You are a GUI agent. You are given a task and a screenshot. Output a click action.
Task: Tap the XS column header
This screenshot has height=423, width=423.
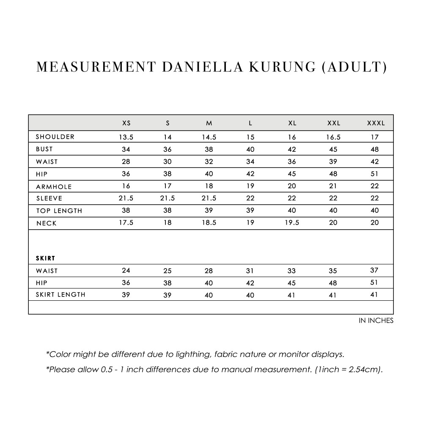[x=126, y=123]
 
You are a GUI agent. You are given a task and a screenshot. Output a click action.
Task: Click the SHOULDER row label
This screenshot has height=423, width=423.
[x=55, y=137]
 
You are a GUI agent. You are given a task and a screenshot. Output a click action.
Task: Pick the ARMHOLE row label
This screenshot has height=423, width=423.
[x=54, y=187]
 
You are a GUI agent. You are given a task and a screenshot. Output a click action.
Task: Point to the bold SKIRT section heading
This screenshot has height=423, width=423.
[x=45, y=258]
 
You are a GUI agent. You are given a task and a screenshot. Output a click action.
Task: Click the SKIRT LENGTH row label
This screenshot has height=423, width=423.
[x=60, y=294]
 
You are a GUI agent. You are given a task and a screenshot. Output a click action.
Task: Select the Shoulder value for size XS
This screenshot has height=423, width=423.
[x=126, y=137]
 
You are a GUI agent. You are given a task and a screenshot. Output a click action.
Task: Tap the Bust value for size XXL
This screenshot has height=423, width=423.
[x=333, y=149]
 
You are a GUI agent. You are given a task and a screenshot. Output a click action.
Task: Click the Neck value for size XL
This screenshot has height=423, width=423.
[x=292, y=223]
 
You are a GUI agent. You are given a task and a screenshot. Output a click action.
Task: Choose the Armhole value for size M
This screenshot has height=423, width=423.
[x=209, y=186]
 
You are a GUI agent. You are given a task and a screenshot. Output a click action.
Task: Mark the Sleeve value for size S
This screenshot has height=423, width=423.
[x=168, y=198]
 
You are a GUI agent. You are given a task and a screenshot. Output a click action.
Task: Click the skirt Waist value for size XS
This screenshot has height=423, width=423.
[x=126, y=271]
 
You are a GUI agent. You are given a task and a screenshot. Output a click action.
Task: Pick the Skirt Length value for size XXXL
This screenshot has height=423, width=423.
[x=374, y=295]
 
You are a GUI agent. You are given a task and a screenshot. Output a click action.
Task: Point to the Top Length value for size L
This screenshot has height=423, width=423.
[x=250, y=211]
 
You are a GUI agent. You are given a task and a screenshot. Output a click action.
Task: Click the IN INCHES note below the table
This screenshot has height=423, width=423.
[x=376, y=321]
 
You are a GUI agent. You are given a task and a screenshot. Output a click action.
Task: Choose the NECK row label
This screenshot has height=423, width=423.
[x=46, y=223]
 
